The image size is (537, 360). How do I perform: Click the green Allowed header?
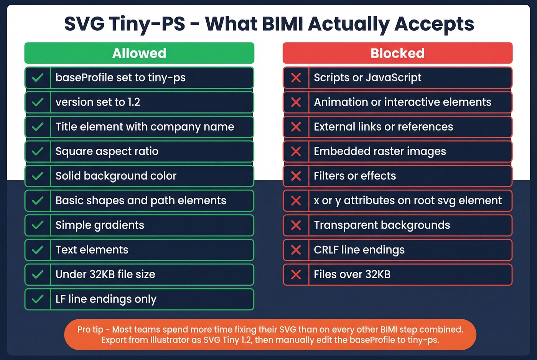click(139, 53)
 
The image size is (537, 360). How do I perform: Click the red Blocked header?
click(397, 53)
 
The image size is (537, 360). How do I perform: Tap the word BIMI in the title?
click(282, 24)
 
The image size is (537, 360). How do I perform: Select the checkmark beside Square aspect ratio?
click(38, 151)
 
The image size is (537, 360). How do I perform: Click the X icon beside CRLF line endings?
click(296, 250)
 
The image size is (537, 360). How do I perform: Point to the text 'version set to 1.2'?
click(98, 102)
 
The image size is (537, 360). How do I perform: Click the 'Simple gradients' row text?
click(100, 225)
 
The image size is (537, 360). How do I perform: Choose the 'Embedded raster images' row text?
click(380, 151)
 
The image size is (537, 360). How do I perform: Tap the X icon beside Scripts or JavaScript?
click(296, 78)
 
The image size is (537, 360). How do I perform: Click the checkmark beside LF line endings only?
click(38, 299)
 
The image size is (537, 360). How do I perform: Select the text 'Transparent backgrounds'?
click(382, 225)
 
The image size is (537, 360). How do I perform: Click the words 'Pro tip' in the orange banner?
click(90, 330)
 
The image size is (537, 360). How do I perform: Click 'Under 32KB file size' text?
click(105, 275)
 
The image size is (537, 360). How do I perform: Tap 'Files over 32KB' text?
click(352, 275)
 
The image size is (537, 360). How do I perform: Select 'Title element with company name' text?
click(145, 127)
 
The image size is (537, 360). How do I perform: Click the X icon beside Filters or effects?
click(296, 176)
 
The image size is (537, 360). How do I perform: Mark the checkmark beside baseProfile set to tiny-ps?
click(38, 78)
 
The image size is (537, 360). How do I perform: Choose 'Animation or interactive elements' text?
click(402, 102)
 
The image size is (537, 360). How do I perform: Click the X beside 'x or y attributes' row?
click(296, 201)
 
